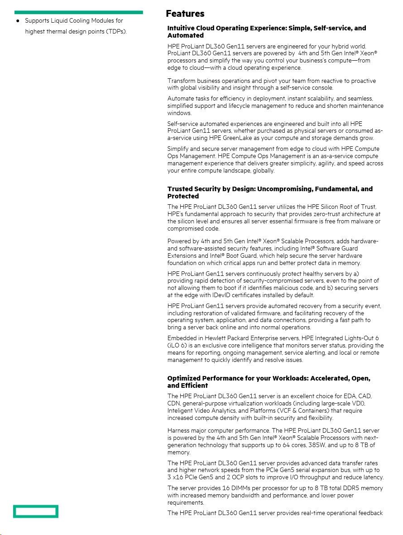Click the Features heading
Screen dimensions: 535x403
(185, 14)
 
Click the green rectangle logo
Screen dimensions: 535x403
(36, 511)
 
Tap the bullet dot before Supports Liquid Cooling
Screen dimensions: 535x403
(18, 21)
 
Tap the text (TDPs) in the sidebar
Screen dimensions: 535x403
(116, 32)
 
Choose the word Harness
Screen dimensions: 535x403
(178, 430)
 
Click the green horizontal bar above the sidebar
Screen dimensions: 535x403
(78, 12)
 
